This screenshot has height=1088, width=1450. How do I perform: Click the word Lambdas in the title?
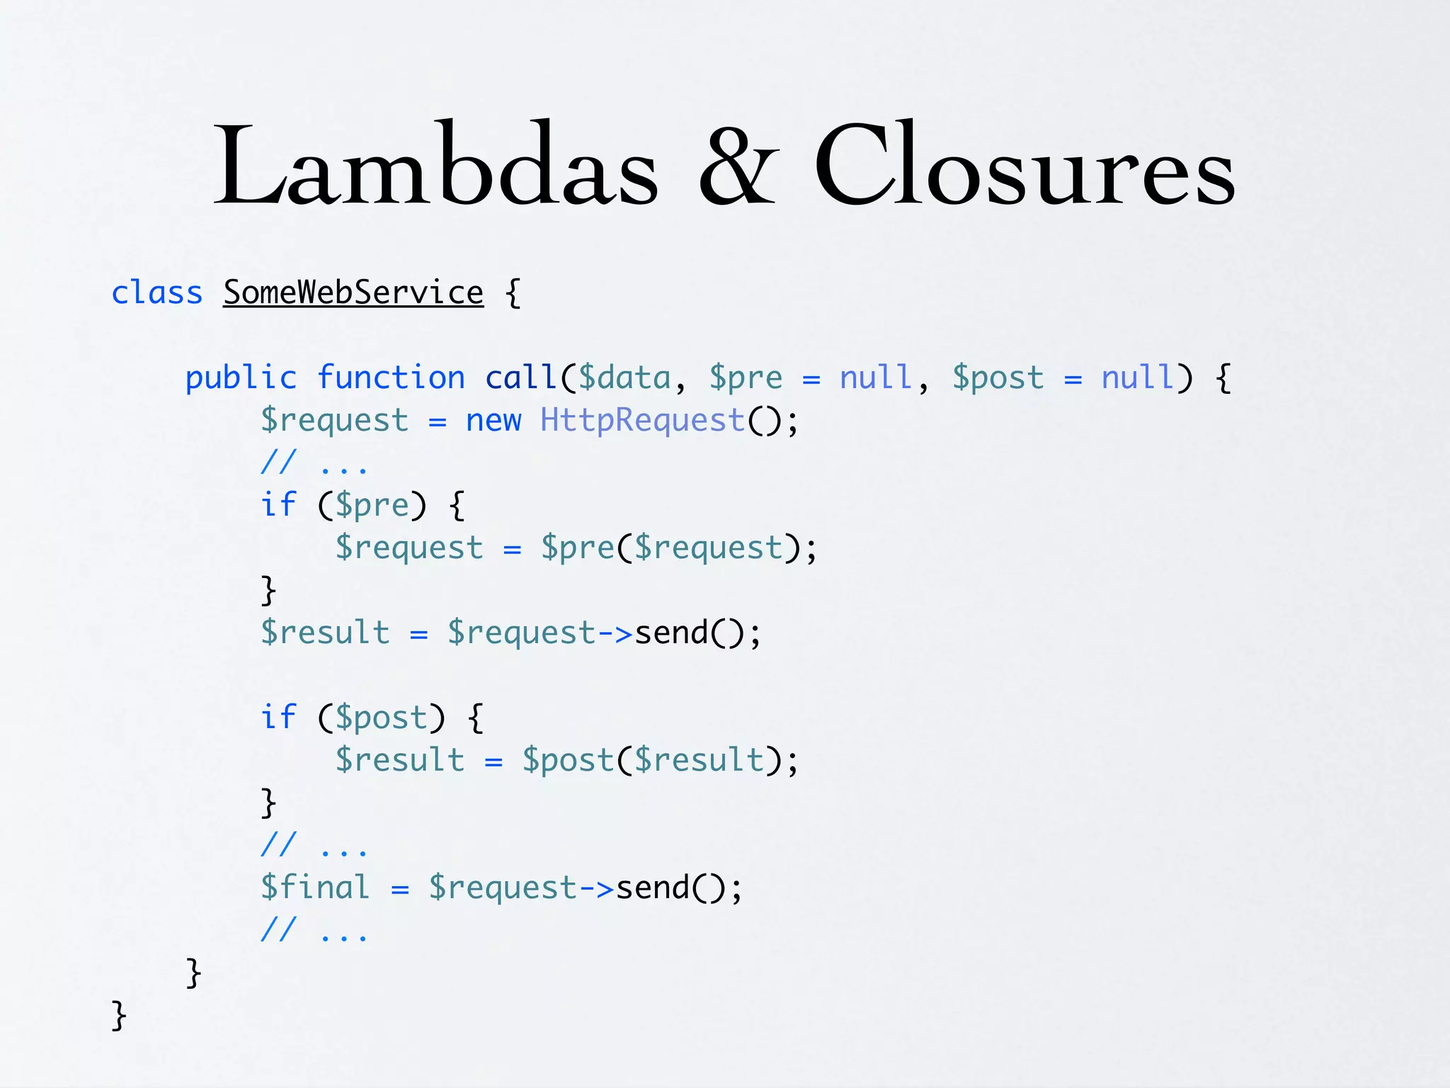435,165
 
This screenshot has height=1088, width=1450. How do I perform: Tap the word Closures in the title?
1024,165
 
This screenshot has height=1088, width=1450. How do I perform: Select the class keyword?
157,293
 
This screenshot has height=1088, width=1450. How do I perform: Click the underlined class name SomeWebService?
353,293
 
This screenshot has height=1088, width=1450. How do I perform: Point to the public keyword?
241,378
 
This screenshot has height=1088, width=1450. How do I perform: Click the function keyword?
391,378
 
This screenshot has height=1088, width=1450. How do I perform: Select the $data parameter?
624,378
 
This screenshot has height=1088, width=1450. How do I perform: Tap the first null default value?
875,378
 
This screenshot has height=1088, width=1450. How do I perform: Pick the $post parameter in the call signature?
998,378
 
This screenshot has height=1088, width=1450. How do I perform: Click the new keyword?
493,420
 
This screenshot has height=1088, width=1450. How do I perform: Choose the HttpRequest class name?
642,420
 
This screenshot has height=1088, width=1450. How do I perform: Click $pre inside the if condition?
372,505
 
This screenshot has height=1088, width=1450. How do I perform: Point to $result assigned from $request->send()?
325,633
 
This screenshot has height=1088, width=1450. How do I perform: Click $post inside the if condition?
381,718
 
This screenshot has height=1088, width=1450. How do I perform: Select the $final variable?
315,888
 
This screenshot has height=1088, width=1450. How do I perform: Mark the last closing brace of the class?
119,1015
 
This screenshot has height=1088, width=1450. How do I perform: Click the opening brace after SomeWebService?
513,293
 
